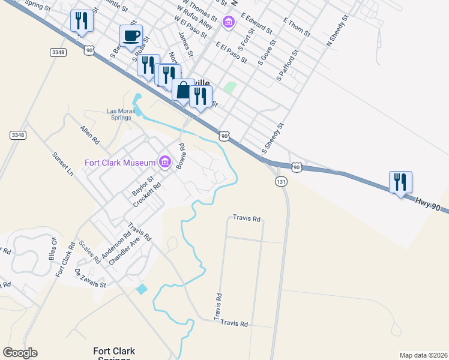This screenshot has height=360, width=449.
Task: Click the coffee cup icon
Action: coord(131,35)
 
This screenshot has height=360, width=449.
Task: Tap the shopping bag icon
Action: coord(182,90)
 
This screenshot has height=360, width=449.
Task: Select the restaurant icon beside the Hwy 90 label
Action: coord(400,182)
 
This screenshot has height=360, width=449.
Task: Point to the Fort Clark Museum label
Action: coord(119,162)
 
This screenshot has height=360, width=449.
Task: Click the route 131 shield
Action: coord(280,181)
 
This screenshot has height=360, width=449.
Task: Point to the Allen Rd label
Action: coord(90,134)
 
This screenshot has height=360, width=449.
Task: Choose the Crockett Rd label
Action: coord(148,194)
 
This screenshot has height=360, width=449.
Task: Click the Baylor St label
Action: coord(143,185)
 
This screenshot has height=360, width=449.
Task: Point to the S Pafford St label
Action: coord(288,66)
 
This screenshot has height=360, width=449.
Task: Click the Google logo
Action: coord(20,353)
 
